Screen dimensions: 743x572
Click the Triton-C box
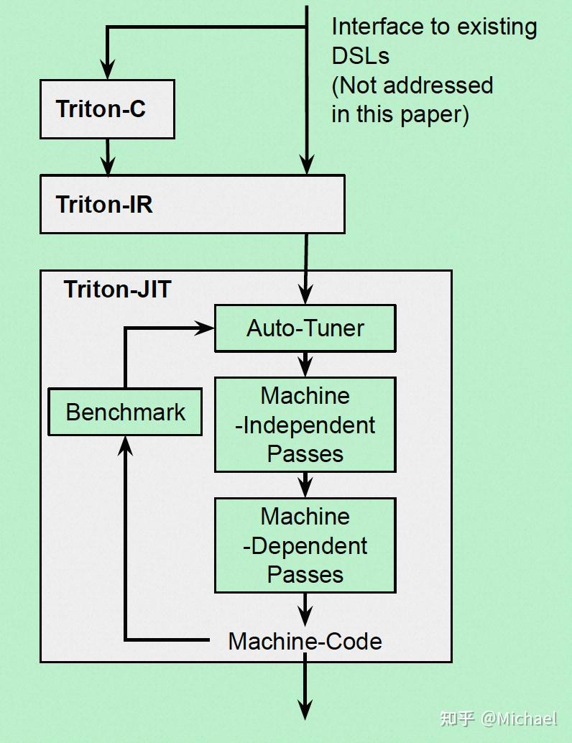[107, 109]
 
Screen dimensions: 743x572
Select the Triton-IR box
[192, 204]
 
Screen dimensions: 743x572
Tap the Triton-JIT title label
[117, 289]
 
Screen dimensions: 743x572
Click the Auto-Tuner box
[305, 328]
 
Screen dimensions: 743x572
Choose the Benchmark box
[125, 412]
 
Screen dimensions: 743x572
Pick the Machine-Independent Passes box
[305, 425]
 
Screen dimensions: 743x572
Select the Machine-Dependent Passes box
[305, 545]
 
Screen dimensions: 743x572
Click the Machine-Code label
[305, 641]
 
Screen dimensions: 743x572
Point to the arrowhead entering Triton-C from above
[107, 70]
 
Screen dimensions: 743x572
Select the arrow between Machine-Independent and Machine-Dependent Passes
[305, 486]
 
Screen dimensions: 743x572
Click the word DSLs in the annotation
[360, 56]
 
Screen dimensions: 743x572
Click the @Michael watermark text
[519, 719]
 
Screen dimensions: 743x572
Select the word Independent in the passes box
[309, 425]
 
